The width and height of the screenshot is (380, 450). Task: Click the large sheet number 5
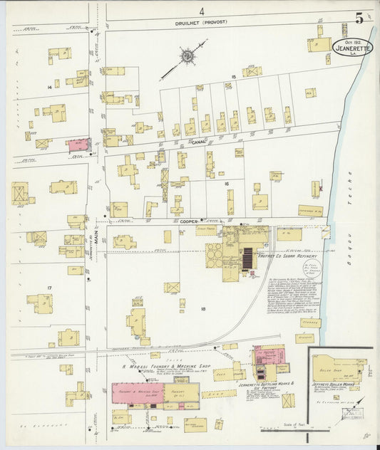359,18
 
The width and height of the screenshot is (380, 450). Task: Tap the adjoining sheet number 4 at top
202,11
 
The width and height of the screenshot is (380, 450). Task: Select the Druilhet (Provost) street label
202,22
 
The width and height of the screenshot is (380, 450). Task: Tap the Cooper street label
188,221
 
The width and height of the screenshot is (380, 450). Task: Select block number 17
49,288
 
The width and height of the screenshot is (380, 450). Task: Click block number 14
49,87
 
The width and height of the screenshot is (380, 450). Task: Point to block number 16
227,183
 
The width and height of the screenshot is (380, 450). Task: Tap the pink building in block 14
77,145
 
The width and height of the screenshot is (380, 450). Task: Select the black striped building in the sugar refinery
247,260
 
